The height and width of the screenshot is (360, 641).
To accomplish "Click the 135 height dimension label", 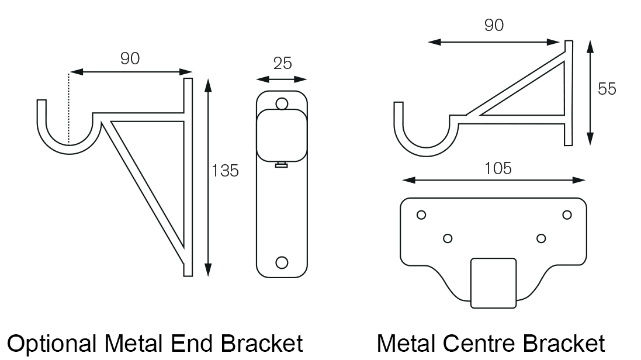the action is [x=225, y=171].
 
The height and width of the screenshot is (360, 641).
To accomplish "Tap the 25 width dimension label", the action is [x=282, y=63].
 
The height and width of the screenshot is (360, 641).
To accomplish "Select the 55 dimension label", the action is [x=607, y=89].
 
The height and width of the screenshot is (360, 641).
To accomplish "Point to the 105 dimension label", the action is [x=498, y=168].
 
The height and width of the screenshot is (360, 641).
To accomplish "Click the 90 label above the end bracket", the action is [x=130, y=58].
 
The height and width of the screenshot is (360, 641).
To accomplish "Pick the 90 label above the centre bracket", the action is [x=494, y=25].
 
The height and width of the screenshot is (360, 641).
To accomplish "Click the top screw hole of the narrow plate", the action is [x=282, y=104].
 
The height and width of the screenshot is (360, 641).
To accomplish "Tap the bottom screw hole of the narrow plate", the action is [x=282, y=262].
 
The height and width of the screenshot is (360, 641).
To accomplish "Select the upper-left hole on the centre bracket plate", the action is [x=421, y=215].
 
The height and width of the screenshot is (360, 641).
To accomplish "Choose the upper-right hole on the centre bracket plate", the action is [x=567, y=215].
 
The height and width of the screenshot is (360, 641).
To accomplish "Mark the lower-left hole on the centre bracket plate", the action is [x=448, y=238].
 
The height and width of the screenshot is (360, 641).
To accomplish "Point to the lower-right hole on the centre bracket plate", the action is [x=541, y=238].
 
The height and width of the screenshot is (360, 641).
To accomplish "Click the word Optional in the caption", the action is [x=52, y=344].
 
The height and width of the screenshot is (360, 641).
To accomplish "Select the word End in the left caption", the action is [x=191, y=344].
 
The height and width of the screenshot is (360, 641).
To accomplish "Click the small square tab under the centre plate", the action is [x=493, y=283].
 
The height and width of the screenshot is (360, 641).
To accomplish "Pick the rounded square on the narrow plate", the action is [x=282, y=135].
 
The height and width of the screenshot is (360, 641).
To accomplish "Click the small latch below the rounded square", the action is [x=281, y=164].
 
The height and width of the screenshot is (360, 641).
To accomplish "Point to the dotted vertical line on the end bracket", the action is [x=70, y=109].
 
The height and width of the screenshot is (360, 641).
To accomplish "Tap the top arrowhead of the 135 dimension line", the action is [x=208, y=85].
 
